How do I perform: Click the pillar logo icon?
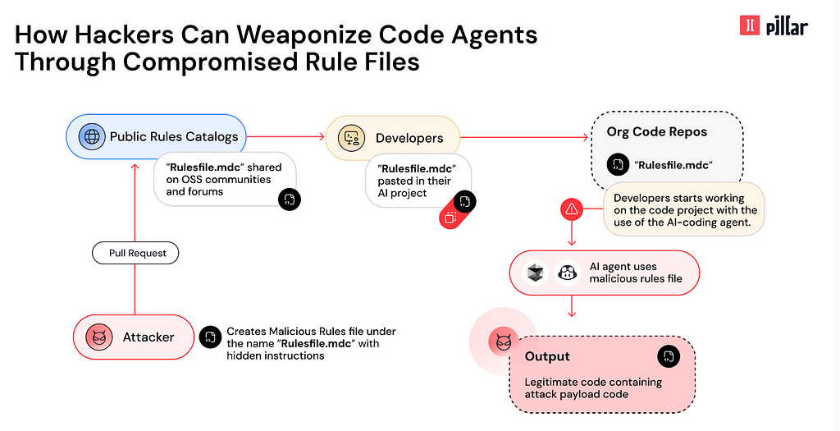pyautogui.click(x=750, y=25)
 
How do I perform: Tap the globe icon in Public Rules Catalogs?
pyautogui.click(x=92, y=136)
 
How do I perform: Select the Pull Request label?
pyautogui.click(x=135, y=253)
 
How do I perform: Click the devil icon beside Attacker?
pyautogui.click(x=99, y=337)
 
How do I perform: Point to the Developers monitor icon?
pyautogui.click(x=351, y=138)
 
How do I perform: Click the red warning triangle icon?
pyautogui.click(x=572, y=209)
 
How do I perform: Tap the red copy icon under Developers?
pyautogui.click(x=450, y=217)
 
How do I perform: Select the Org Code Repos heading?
pyautogui.click(x=657, y=132)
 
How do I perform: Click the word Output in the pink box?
pyautogui.click(x=547, y=356)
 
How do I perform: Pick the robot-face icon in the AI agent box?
pyautogui.click(x=567, y=273)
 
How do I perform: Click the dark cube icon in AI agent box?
pyautogui.click(x=535, y=273)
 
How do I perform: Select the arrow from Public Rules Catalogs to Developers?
pyautogui.click(x=285, y=137)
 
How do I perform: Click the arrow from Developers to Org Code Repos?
pyautogui.click(x=524, y=137)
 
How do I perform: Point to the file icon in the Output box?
pyautogui.click(x=669, y=356)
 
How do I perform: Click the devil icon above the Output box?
pyautogui.click(x=503, y=342)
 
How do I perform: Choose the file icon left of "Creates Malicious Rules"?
pyautogui.click(x=210, y=337)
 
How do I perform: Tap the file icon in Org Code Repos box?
pyautogui.click(x=619, y=164)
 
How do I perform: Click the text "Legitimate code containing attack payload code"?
pyautogui.click(x=593, y=388)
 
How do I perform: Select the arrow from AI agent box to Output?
pyautogui.click(x=572, y=305)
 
